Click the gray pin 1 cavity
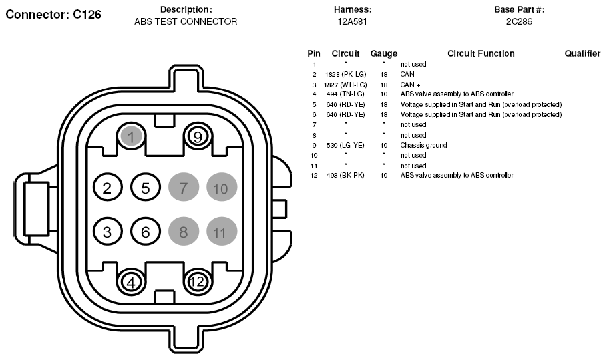(132, 136)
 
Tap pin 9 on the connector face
(198, 136)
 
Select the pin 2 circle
(108, 188)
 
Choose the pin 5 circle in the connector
(146, 188)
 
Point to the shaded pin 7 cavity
(184, 188)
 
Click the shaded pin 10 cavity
(222, 188)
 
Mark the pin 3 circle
(108, 232)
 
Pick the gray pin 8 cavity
(184, 232)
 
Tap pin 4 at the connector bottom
(132, 282)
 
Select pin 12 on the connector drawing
(198, 281)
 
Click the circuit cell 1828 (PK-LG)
(345, 74)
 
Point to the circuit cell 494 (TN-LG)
(345, 94)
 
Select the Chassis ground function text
(423, 145)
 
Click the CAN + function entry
(411, 85)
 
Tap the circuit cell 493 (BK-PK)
(345, 176)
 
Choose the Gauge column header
(383, 53)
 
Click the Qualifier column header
(582, 53)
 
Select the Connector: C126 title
(53, 15)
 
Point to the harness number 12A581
(352, 21)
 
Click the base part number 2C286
(520, 21)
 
